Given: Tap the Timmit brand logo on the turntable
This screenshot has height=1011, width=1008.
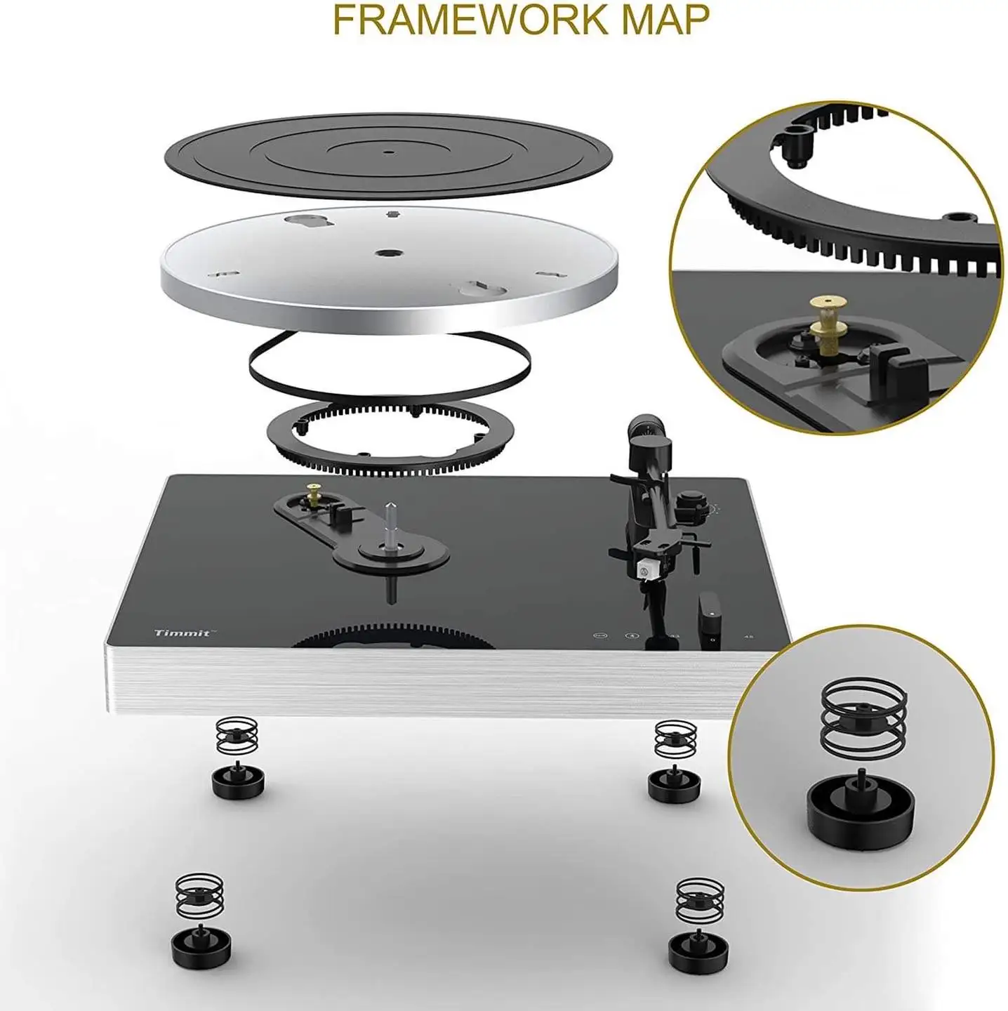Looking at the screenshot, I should (x=182, y=633).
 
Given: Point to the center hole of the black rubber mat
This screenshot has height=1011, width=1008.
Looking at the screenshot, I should (x=388, y=150).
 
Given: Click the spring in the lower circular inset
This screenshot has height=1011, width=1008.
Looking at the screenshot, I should (x=863, y=723).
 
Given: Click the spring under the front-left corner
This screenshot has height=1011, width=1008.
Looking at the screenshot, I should (x=199, y=894).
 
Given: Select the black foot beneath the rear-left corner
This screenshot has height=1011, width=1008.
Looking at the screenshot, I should (x=234, y=779).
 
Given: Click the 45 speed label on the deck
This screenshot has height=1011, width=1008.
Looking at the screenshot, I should (x=748, y=637).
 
